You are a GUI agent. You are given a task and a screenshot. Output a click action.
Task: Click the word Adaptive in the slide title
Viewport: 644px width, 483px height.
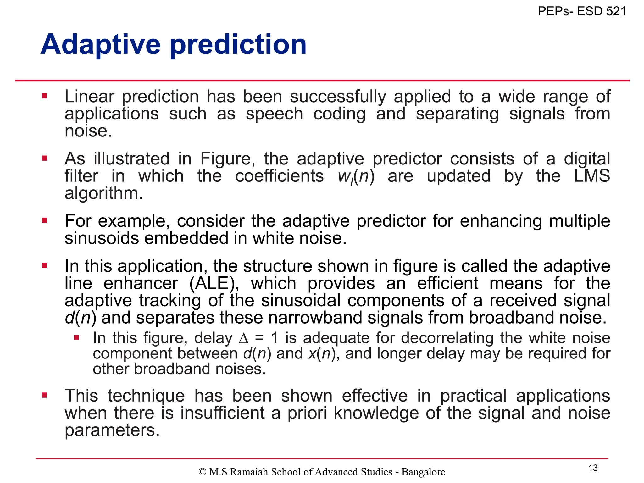(x=101, y=45)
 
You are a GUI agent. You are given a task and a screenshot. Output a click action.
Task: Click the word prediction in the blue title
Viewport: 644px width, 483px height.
(x=238, y=45)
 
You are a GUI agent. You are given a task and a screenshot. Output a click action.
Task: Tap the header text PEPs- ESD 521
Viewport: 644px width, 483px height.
(x=582, y=11)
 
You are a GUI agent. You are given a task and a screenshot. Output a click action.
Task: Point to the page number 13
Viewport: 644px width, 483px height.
(x=593, y=468)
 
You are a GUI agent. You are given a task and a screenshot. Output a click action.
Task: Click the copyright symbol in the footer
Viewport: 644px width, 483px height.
(x=202, y=472)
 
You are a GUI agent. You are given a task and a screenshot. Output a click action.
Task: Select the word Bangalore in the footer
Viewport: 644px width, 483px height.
(x=423, y=472)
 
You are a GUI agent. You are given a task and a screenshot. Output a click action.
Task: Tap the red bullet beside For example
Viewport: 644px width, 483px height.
(x=45, y=220)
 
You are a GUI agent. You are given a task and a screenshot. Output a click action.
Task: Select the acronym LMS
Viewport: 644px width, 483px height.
(x=592, y=176)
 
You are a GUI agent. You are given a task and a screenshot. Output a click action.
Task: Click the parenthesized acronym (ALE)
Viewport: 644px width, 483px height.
(x=214, y=283)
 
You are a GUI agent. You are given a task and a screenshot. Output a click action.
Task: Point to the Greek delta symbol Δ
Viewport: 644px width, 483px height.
(x=244, y=338)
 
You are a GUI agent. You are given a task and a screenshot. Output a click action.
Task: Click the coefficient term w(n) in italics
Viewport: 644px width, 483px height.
(x=356, y=176)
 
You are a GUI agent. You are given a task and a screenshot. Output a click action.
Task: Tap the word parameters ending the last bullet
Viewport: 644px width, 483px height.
(x=112, y=430)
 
